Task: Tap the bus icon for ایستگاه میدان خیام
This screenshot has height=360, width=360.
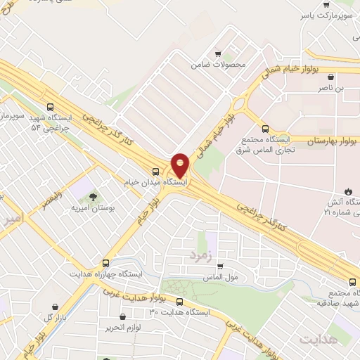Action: pyautogui.click(x=155, y=171)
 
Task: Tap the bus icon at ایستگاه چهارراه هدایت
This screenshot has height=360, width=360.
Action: pyautogui.click(x=106, y=263)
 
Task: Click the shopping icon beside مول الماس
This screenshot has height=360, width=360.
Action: pyautogui.click(x=220, y=266)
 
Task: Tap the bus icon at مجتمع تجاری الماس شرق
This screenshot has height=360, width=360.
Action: pyautogui.click(x=265, y=129)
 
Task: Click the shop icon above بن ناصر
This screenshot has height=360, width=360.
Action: pyautogui.click(x=330, y=77)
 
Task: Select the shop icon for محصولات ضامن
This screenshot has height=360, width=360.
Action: pyautogui.click(x=218, y=54)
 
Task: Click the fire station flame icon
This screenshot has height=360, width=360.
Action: pyautogui.click(x=347, y=191)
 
